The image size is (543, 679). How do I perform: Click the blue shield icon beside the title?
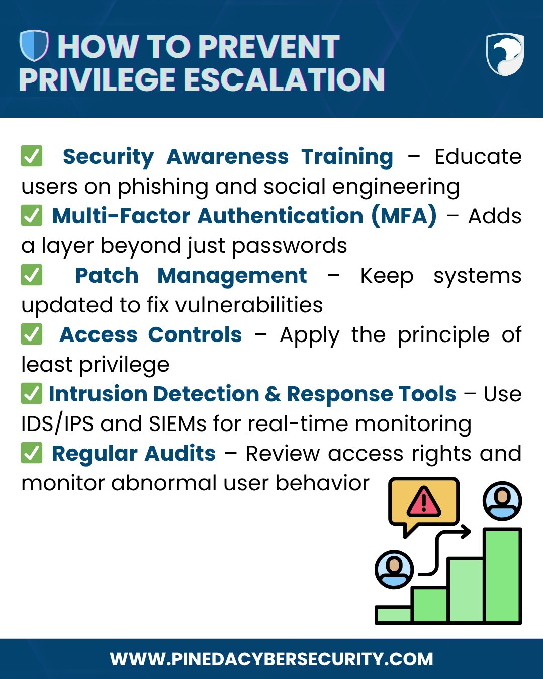pos(34,45)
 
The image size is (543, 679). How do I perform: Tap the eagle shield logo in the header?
pos(505,54)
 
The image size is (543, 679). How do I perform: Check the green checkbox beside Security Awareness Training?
pos(32,156)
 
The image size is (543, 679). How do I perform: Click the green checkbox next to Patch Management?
pos(32,275)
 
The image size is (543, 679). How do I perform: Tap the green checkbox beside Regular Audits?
pos(32,453)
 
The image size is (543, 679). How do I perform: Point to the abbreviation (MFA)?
pos(404,216)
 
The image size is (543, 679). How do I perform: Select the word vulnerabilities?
pos(249,305)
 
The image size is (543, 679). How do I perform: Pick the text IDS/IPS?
pos(57,424)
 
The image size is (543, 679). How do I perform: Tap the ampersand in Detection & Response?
pos(273,394)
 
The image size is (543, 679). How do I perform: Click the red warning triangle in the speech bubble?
pos(423,502)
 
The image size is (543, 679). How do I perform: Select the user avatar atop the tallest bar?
pos(502,501)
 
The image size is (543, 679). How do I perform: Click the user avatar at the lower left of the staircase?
pos(394,569)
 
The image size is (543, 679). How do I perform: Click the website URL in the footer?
pos(271,659)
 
